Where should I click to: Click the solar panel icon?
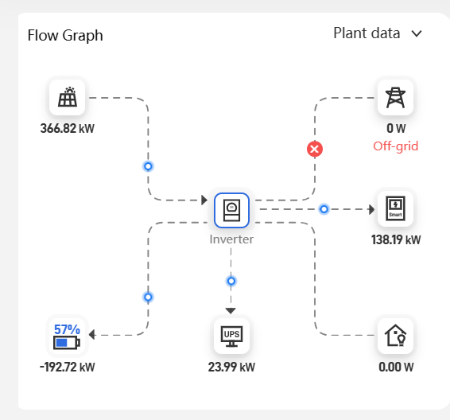[68, 97]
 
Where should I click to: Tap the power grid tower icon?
[395, 98]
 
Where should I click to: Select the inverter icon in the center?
[231, 210]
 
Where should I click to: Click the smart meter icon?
[395, 208]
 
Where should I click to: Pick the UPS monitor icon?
[231, 336]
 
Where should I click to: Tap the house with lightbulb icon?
[395, 336]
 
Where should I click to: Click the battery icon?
[67, 343]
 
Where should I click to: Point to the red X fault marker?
[315, 149]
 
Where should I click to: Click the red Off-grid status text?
[395, 146]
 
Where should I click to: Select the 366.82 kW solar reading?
[67, 128]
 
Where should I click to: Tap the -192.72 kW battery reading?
[67, 367]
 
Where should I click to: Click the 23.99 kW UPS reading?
[231, 367]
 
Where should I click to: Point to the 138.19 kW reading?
[396, 239]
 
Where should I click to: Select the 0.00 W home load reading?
[396, 367]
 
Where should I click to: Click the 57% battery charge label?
[67, 329]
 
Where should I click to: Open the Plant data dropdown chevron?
[417, 34]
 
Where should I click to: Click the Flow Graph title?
[65, 36]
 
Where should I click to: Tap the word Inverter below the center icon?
[231, 239]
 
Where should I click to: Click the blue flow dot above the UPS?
[231, 281]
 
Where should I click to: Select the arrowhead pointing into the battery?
[92, 335]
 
